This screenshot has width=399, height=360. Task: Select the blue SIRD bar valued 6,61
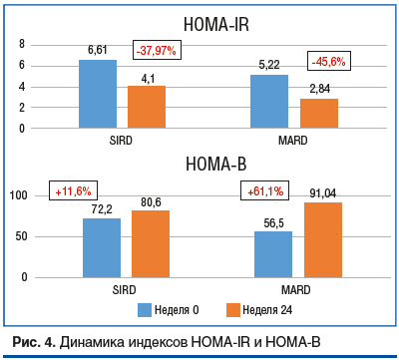pyautogui.click(x=98, y=94)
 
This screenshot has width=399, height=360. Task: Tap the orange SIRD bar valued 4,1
pyautogui.click(x=147, y=107)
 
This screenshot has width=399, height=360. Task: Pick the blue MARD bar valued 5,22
pyautogui.click(x=269, y=101)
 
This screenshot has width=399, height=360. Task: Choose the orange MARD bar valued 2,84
pyautogui.click(x=319, y=113)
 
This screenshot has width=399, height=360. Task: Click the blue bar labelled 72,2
pyautogui.click(x=102, y=247)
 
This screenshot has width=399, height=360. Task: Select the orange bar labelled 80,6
pyautogui.click(x=151, y=243)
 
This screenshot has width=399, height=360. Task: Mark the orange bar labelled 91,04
pyautogui.click(x=323, y=239)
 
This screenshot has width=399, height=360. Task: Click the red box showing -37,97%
pyautogui.click(x=158, y=51)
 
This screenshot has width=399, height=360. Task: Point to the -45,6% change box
pyautogui.click(x=329, y=61)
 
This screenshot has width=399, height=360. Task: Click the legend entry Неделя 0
pyautogui.click(x=176, y=308)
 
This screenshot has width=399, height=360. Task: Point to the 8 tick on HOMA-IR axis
pyautogui.click(x=22, y=44)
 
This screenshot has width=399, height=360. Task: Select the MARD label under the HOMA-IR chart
pyautogui.click(x=293, y=141)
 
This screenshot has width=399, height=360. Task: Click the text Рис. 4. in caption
pyautogui.click(x=33, y=343)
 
